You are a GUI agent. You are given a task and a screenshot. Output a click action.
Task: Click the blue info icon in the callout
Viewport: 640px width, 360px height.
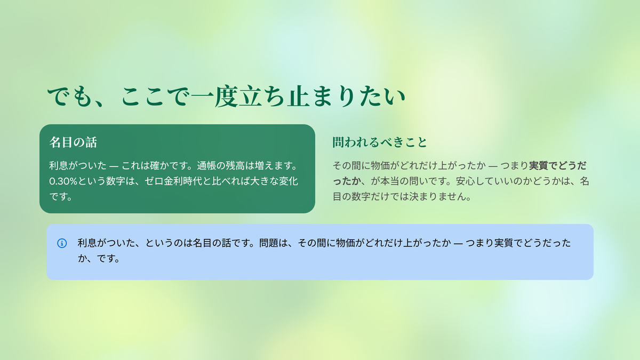click(62, 243)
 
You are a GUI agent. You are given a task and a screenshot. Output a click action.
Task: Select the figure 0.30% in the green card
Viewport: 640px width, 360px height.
click(63, 181)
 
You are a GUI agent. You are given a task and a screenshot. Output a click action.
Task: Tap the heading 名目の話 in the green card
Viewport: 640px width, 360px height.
click(73, 142)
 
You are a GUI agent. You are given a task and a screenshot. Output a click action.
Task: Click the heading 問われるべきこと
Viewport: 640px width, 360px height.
click(380, 142)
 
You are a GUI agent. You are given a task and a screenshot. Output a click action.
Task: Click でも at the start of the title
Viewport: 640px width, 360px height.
click(70, 97)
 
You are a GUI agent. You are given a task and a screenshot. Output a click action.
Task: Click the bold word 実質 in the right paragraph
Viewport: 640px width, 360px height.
click(539, 166)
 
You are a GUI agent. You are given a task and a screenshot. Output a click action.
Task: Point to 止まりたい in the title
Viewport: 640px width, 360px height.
click(346, 97)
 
